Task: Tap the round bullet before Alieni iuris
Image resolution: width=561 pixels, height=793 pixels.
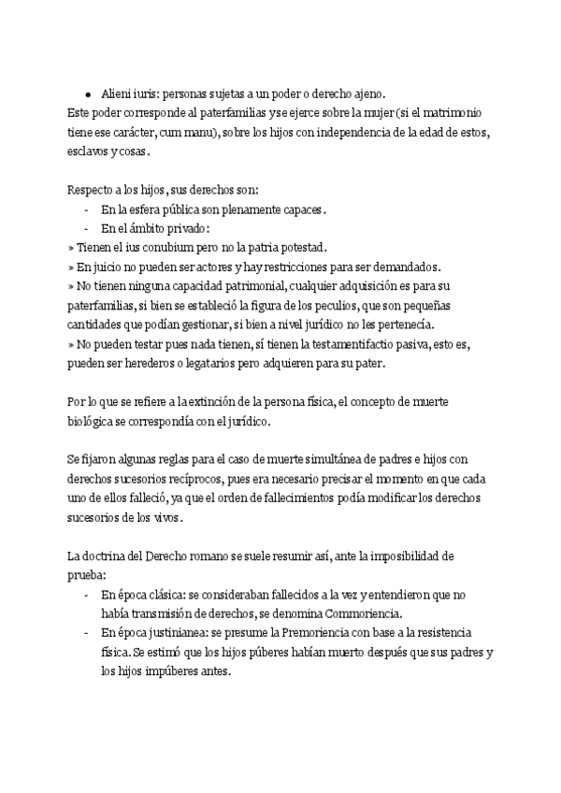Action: [87, 95]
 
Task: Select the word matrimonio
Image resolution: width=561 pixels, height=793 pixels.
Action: [456, 113]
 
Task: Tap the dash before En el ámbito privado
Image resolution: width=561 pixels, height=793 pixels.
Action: [86, 228]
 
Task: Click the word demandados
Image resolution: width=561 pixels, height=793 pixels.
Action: [398, 267]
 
